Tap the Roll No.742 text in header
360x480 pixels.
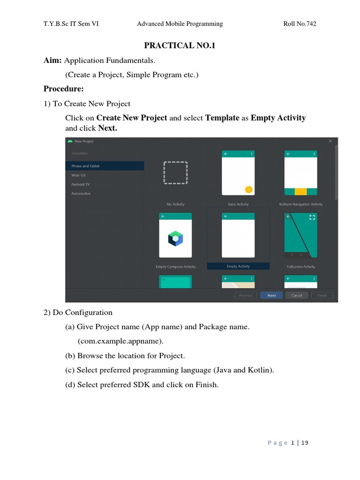pos(300,23)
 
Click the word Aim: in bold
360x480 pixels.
pos(53,60)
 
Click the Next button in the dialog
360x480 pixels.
pos(271,295)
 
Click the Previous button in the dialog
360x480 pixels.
pos(246,295)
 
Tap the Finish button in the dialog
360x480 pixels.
pos(322,295)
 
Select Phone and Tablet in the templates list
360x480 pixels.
pos(85,166)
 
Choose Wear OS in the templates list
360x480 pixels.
pos(78,175)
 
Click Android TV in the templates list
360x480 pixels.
pos(80,184)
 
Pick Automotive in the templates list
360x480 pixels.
pos(81,193)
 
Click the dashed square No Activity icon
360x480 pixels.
pos(175,173)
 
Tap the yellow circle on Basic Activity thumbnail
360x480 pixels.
pos(248,189)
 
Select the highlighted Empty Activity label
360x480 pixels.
pos(238,266)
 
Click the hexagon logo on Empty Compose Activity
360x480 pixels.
pos(175,239)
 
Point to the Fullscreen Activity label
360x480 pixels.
pos(301,267)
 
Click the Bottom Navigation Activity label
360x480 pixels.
pos(301,204)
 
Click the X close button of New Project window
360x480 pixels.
pos(330,141)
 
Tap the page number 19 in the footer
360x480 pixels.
pos(305,443)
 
